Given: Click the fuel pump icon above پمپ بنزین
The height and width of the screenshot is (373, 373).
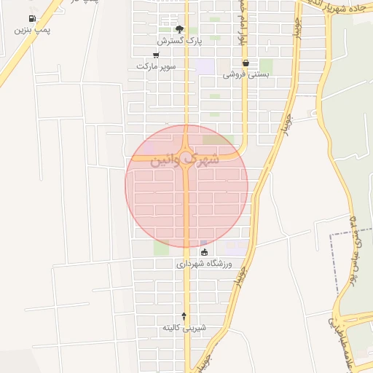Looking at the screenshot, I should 32,19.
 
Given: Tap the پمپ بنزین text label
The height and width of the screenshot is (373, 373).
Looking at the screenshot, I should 32,31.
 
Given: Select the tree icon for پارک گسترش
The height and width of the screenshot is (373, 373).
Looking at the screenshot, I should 179,30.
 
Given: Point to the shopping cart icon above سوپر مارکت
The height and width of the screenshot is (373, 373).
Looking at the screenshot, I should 156,55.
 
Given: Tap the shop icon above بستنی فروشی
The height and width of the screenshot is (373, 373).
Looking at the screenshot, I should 246,63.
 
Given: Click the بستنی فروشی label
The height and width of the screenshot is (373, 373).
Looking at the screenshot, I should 246,74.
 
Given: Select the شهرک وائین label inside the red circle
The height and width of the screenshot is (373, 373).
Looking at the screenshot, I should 184,160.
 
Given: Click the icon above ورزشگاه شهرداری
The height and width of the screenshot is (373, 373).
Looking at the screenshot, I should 204,253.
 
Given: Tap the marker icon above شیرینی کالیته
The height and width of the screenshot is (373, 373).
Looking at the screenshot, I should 184,316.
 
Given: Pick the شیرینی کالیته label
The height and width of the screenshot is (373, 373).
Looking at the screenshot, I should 184,328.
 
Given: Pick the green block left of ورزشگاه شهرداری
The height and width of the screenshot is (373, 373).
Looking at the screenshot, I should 161,248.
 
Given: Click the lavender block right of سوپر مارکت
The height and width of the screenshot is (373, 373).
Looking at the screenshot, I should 205,66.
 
